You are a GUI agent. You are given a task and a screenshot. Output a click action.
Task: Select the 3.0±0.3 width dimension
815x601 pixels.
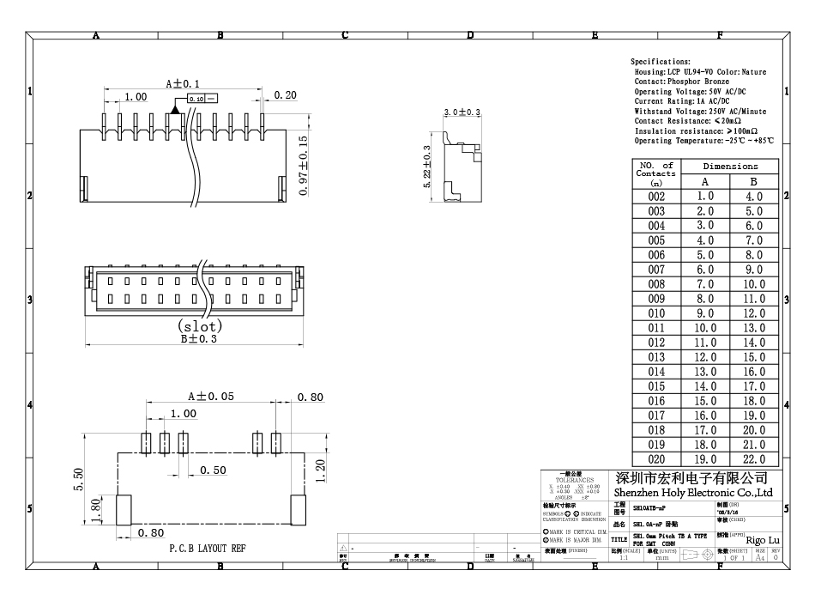click(x=463, y=113)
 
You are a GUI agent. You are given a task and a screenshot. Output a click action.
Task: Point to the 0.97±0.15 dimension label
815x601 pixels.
click(x=304, y=165)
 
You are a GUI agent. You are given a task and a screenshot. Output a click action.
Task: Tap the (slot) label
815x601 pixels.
click(x=199, y=326)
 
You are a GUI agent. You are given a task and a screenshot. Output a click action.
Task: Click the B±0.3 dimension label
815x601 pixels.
click(x=199, y=339)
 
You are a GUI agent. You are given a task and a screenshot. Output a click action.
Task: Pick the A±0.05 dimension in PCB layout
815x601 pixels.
click(x=211, y=396)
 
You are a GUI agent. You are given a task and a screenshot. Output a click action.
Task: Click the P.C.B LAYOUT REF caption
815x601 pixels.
click(x=206, y=548)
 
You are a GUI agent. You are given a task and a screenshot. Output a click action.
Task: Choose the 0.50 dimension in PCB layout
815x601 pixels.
click(x=214, y=470)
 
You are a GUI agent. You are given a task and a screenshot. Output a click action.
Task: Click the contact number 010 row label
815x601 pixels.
click(x=656, y=313)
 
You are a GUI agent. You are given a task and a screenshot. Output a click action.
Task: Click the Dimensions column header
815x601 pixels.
click(x=729, y=166)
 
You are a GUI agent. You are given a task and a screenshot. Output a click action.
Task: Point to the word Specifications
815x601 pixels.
click(x=661, y=63)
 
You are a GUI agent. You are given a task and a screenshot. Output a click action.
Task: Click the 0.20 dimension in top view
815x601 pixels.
click(x=286, y=95)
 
